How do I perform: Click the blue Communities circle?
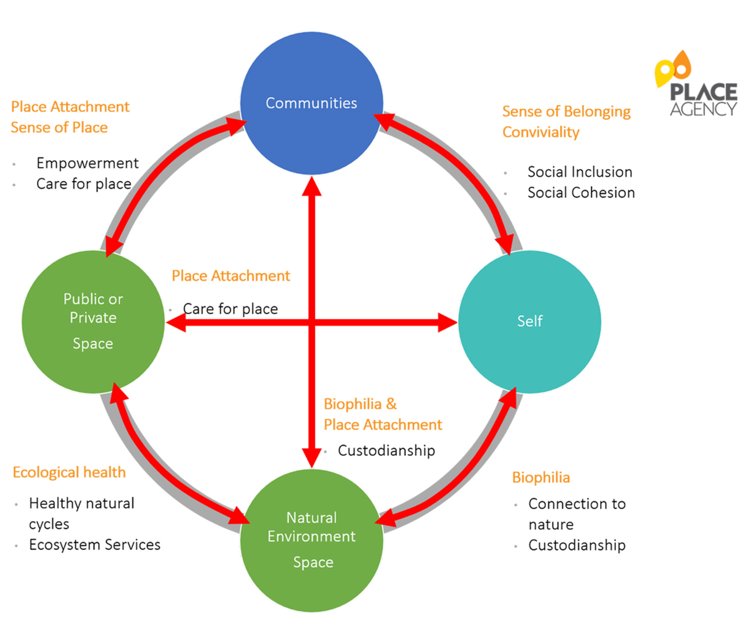[311, 103]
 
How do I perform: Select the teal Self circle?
[529, 321]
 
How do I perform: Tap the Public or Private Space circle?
[93, 321]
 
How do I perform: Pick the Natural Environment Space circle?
[312, 540]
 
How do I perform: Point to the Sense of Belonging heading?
[566, 111]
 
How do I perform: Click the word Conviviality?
[541, 132]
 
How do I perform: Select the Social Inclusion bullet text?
[579, 172]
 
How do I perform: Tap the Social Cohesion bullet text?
[581, 193]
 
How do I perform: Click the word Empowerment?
[87, 163]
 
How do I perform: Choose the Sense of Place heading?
[59, 128]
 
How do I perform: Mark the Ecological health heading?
[69, 472]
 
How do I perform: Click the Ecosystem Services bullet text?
[94, 545]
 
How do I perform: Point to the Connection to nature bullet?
[576, 514]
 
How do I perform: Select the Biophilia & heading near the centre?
[360, 404]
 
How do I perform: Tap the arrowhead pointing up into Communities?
[312, 186]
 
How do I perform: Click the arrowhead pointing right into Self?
[447, 322]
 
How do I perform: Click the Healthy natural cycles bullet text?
[81, 513]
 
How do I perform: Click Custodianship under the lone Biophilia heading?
[577, 545]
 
